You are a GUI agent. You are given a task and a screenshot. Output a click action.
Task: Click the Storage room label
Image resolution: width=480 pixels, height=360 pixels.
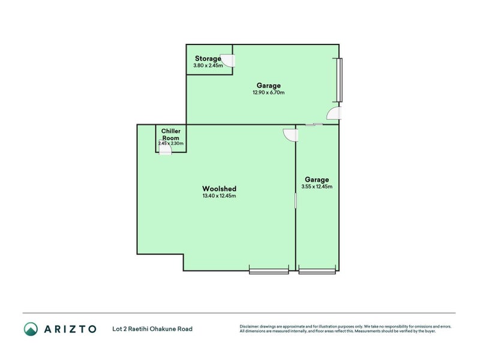tap(208, 58)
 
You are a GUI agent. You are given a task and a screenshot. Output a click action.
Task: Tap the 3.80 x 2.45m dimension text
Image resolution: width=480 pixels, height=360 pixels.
tap(208, 65)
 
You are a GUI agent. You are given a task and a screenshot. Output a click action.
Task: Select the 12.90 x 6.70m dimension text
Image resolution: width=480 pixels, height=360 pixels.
tap(268, 92)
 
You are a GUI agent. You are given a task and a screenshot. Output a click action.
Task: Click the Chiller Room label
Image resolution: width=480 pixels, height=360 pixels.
tap(171, 134)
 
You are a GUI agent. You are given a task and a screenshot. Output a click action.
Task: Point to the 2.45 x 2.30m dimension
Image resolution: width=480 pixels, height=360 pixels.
tap(171, 143)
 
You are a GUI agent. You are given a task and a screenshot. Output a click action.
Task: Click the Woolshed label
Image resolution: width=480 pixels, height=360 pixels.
tap(219, 188)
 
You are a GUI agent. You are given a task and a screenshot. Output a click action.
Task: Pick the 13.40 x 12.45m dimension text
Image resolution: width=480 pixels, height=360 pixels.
tap(219, 196)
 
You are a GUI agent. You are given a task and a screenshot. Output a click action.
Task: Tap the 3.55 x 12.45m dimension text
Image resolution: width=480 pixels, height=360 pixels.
tap(317, 187)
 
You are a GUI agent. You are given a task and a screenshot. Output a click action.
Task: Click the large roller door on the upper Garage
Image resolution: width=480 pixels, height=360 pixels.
tap(340, 80)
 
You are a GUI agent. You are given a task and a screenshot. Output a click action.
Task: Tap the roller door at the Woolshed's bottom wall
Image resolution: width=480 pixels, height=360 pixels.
tap(269, 271)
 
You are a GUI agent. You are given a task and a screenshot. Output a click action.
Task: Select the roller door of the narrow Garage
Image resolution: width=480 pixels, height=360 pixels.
tap(317, 271)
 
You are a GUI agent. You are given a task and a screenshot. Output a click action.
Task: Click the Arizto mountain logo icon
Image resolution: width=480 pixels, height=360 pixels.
tap(31, 329)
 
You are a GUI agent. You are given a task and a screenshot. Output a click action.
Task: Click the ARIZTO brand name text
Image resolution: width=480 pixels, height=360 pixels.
tap(70, 329)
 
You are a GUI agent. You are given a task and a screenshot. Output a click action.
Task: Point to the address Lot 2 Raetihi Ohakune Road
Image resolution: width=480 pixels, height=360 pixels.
tap(152, 329)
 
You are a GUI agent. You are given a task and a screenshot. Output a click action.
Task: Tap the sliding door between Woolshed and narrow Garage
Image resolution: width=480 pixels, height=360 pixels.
tap(296, 201)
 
